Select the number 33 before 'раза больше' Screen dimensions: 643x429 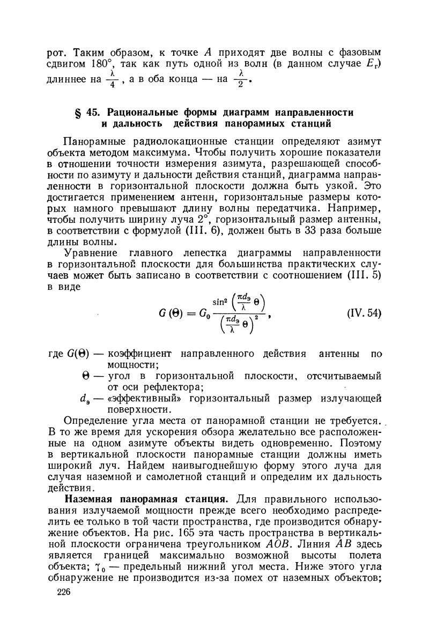point(301,230)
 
